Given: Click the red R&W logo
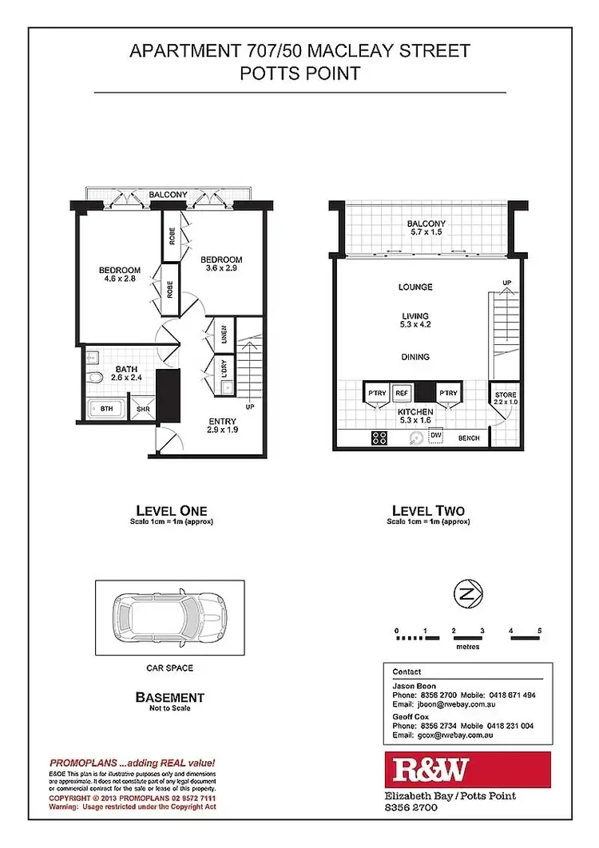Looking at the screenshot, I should coord(466,770).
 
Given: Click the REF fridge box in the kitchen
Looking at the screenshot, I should coord(401,393).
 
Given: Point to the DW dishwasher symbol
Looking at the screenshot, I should coord(435,435).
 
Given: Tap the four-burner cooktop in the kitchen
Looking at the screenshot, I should coord(379,437).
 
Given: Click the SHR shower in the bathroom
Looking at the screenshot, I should coord(143,409).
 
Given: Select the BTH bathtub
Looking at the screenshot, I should coord(106,409).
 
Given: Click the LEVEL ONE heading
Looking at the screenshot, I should coord(171,510).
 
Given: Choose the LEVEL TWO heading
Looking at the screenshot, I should coord(427,510).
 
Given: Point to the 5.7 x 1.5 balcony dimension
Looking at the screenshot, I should coord(426,232).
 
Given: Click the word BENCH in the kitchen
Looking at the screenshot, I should coord(468,438).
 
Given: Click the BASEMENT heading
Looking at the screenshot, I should coord(169,697).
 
